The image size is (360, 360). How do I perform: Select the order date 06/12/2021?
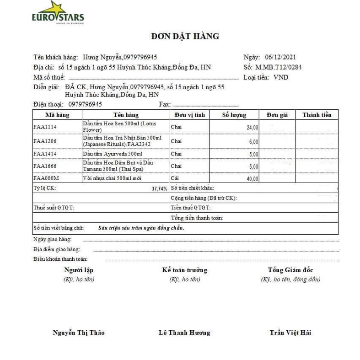click(280, 57)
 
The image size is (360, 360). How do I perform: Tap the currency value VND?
click(281, 77)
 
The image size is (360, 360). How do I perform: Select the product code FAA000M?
click(47, 178)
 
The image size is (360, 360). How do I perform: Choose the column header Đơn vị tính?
click(189, 115)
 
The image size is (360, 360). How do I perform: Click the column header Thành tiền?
click(317, 115)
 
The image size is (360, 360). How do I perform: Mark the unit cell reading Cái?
click(175, 178)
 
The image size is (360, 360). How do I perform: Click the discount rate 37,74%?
click(159, 188)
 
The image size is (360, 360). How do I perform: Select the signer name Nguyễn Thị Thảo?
click(79, 333)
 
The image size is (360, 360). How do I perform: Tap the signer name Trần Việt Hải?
click(290, 333)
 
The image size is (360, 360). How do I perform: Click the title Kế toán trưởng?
click(184, 270)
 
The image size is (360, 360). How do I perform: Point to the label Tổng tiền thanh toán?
click(197, 218)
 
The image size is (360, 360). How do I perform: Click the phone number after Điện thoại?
click(85, 104)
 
